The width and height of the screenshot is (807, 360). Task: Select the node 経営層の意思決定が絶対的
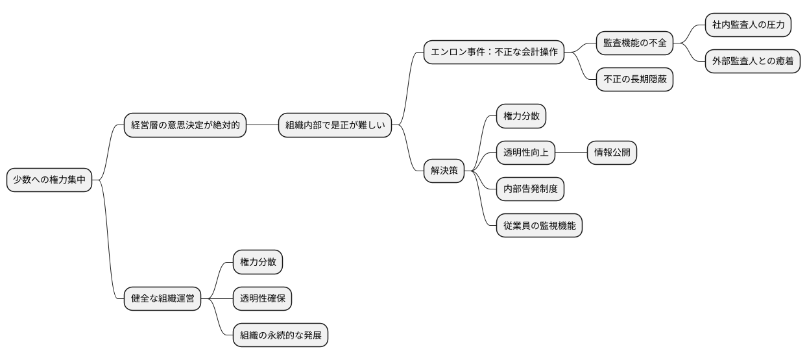pyautogui.click(x=185, y=126)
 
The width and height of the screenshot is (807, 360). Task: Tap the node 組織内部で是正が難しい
pyautogui.click(x=335, y=126)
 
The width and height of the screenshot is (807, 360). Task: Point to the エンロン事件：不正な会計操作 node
pyautogui.click(x=494, y=53)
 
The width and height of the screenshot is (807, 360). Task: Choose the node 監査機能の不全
pyautogui.click(x=634, y=43)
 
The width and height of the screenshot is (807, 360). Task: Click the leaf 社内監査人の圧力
pyautogui.click(x=748, y=26)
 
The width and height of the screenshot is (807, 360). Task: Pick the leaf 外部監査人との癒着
pyautogui.click(x=753, y=62)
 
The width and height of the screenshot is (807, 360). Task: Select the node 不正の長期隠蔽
pyautogui.click(x=634, y=80)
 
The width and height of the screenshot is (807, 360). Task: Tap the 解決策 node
pyautogui.click(x=444, y=171)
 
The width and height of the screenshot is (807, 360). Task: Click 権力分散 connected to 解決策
pyautogui.click(x=521, y=116)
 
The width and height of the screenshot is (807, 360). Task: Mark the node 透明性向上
pyautogui.click(x=525, y=153)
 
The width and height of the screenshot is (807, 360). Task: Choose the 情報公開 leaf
pyautogui.click(x=612, y=153)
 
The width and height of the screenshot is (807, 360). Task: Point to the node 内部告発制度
pyautogui.click(x=530, y=189)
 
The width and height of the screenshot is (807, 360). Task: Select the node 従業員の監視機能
pyautogui.click(x=539, y=226)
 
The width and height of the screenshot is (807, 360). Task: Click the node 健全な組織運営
pyautogui.click(x=162, y=299)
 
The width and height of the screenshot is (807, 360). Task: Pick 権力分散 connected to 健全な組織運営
pyautogui.click(x=258, y=262)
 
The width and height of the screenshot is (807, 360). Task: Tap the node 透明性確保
pyautogui.click(x=262, y=299)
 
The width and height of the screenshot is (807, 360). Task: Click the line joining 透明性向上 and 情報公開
pyautogui.click(x=572, y=153)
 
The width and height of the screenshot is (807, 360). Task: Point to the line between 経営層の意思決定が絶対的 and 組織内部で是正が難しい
pyautogui.click(x=262, y=126)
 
